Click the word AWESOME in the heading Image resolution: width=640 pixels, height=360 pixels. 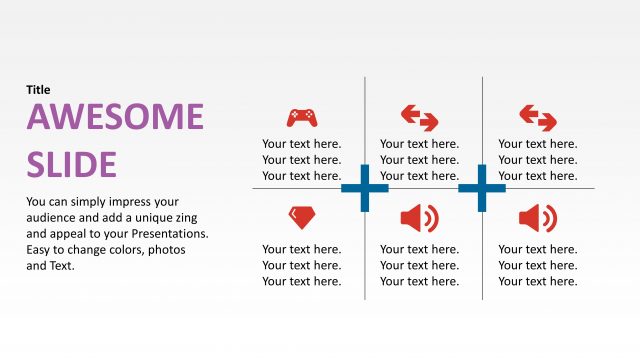pos(115,117)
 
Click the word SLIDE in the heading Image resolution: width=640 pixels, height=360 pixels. pos(71,163)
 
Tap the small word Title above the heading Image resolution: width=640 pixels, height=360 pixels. pos(38,90)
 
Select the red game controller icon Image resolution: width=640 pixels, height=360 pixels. pos(301,118)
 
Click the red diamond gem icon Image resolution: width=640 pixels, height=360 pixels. pos(301,216)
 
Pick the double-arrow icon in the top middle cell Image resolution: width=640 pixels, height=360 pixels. pos(419,118)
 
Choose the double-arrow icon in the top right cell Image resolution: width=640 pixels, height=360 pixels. pos(538,118)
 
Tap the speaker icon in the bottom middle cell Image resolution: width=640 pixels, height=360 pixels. pos(419,217)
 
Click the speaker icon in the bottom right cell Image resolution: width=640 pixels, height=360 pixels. pos(538,217)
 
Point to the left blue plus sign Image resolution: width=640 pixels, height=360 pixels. pos(364,188)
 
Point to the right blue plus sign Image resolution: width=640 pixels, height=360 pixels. pos(482,188)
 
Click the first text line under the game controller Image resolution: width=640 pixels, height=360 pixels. pos(301,144)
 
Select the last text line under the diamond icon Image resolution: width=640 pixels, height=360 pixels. pos(301,281)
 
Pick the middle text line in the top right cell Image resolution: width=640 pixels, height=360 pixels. pos(538,160)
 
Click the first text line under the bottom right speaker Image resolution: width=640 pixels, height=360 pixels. pos(538,249)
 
